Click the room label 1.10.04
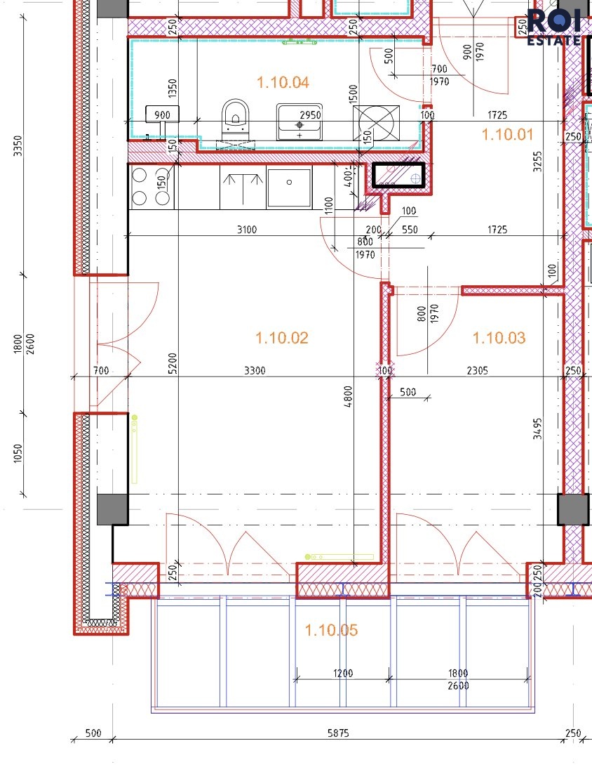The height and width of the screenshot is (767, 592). coord(283,82)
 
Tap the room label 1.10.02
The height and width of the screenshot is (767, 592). coord(282,338)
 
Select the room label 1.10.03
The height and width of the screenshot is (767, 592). coord(499,338)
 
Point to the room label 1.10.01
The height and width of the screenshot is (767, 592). coord(508,134)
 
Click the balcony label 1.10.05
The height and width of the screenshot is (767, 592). coord(331,629)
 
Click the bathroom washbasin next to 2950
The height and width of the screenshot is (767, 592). coord(300,122)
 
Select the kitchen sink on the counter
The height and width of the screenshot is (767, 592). coord(289,188)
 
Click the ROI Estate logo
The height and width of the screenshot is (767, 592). coord(554,27)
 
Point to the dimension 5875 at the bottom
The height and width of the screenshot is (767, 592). coord(338,733)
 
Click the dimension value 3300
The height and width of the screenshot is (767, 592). coord(255,370)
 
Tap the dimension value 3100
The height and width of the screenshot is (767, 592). coord(247,229)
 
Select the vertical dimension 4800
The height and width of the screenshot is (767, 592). coord(348,397)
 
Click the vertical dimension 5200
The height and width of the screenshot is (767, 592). coord(172,363)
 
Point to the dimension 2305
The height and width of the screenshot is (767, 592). coord(477,370)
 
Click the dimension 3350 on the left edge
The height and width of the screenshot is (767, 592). coord(18,146)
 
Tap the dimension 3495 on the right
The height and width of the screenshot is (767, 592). coord(537,428)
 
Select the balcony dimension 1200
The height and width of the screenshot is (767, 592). coord(343,673)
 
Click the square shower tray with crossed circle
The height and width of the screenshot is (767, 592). coord(376,123)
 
